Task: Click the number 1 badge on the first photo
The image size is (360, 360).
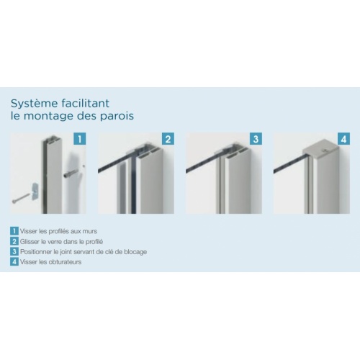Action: pos(81,138)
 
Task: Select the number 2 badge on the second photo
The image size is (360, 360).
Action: pos(168,138)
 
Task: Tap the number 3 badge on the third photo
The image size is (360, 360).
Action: pos(256,138)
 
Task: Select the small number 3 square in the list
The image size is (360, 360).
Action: pos(14,251)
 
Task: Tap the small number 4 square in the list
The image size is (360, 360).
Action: pos(14,261)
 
